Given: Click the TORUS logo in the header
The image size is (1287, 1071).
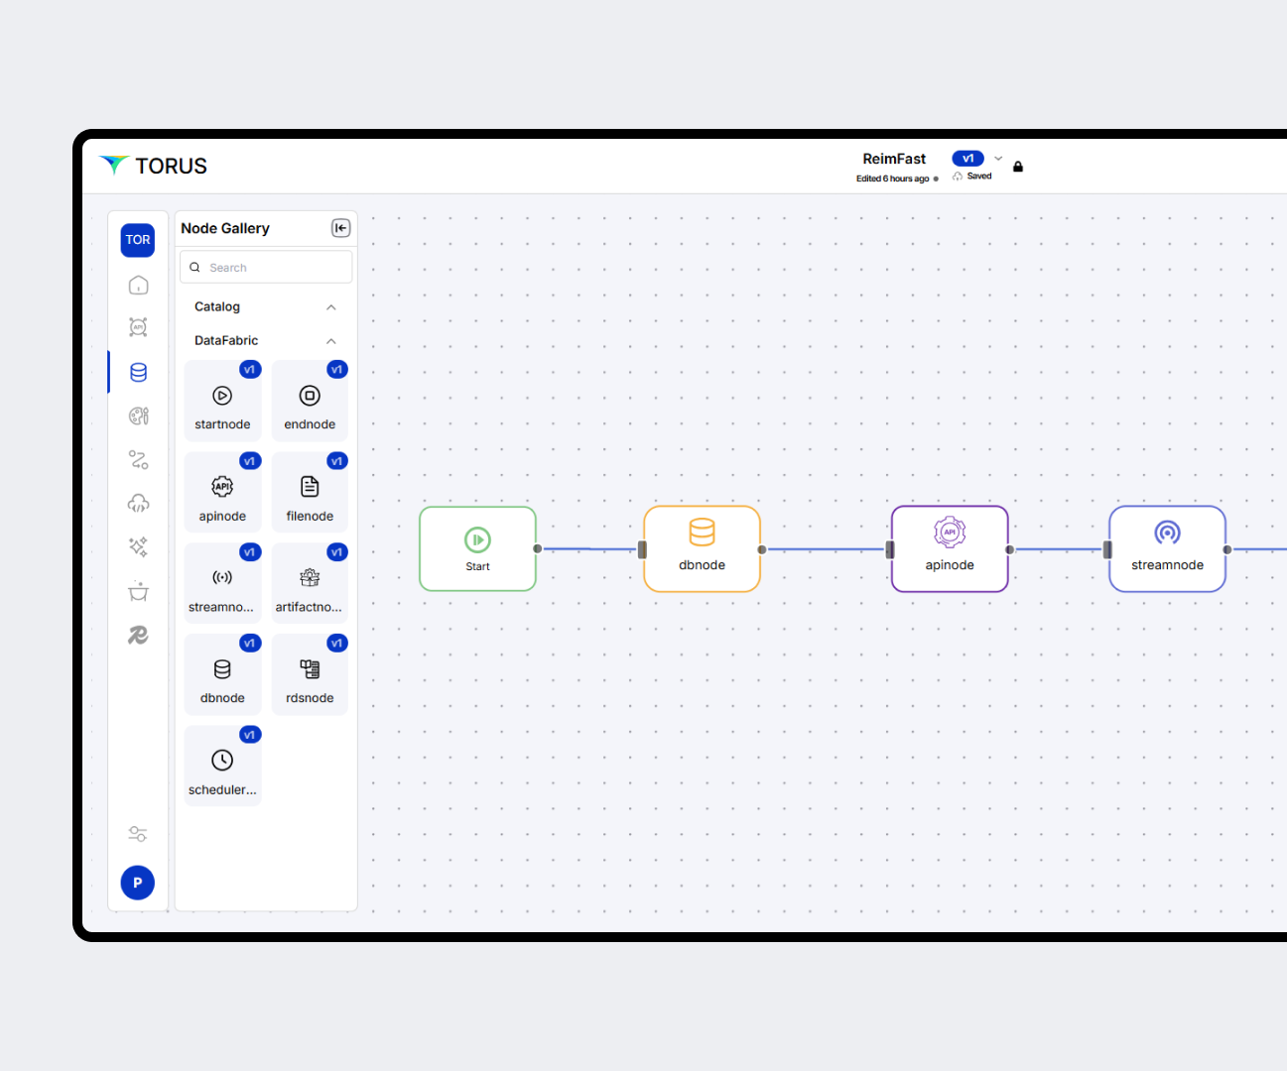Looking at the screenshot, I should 154,166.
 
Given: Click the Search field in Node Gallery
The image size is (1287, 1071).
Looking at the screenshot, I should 266,268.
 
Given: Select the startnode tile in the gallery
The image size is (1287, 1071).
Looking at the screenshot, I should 222,401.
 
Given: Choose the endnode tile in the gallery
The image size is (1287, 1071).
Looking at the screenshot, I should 310,401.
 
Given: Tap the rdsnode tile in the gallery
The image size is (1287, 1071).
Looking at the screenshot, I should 310,675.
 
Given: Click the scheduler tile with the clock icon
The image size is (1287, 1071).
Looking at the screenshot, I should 222,767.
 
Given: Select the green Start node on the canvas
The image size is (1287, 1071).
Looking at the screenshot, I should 477,548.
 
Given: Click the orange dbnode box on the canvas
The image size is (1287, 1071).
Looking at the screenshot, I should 702,548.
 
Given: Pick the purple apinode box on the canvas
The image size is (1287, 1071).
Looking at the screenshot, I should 950,548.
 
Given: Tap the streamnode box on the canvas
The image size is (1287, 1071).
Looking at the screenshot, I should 1167,548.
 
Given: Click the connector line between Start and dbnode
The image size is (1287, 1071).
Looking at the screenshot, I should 589,548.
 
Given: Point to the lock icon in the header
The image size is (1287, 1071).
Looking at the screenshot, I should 1017,167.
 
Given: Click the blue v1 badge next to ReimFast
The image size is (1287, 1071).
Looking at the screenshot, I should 967,159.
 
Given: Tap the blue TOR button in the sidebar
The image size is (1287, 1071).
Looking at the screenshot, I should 138,240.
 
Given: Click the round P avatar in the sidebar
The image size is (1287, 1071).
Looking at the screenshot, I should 138,883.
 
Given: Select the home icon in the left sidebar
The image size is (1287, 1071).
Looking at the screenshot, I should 138,286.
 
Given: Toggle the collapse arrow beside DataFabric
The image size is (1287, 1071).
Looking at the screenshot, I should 331,341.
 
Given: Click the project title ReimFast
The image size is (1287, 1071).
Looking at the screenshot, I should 894,159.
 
